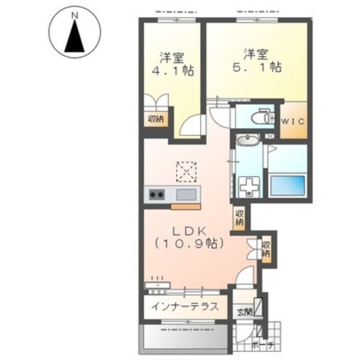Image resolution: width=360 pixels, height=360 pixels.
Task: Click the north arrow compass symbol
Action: click(x=74, y=32)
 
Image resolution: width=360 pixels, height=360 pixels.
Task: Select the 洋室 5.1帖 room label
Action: click(x=257, y=61)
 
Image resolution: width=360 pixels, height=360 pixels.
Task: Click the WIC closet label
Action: click(x=293, y=121)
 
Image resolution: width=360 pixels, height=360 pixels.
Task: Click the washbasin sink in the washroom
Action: click(x=247, y=139)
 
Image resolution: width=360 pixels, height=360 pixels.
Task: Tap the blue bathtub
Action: click(x=287, y=185)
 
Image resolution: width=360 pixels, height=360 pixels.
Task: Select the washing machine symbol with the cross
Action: click(x=249, y=187)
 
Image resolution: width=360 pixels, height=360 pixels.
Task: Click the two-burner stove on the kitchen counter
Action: click(x=157, y=195)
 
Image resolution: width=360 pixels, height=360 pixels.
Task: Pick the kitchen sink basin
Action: click(x=186, y=195)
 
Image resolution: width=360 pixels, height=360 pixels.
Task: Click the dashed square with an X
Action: click(x=186, y=172)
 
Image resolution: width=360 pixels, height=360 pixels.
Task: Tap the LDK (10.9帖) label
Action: click(x=189, y=238)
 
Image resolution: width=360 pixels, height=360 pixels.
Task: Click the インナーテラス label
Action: click(x=185, y=306)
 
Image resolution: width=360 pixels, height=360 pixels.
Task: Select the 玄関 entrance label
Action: click(x=245, y=312)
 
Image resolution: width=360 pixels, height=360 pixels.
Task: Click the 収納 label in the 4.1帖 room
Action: click(x=156, y=119)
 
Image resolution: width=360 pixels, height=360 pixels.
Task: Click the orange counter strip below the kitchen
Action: click(x=186, y=206)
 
